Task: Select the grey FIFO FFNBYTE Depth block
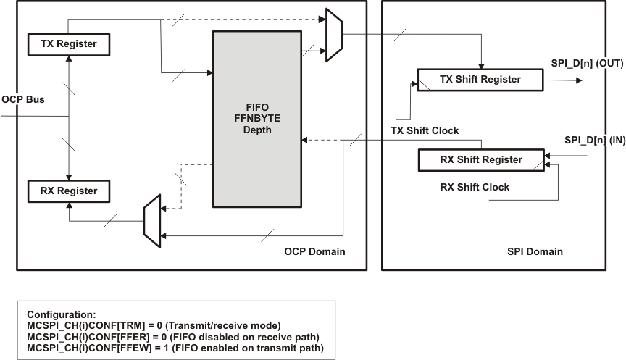[257, 119]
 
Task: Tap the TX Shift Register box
[480, 80]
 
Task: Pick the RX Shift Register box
[480, 160]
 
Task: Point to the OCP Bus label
[23, 99]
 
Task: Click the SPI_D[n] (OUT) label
[587, 64]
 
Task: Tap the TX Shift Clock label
[425, 131]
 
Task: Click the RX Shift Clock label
[475, 187]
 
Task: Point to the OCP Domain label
[314, 251]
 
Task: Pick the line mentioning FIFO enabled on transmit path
[175, 349]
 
